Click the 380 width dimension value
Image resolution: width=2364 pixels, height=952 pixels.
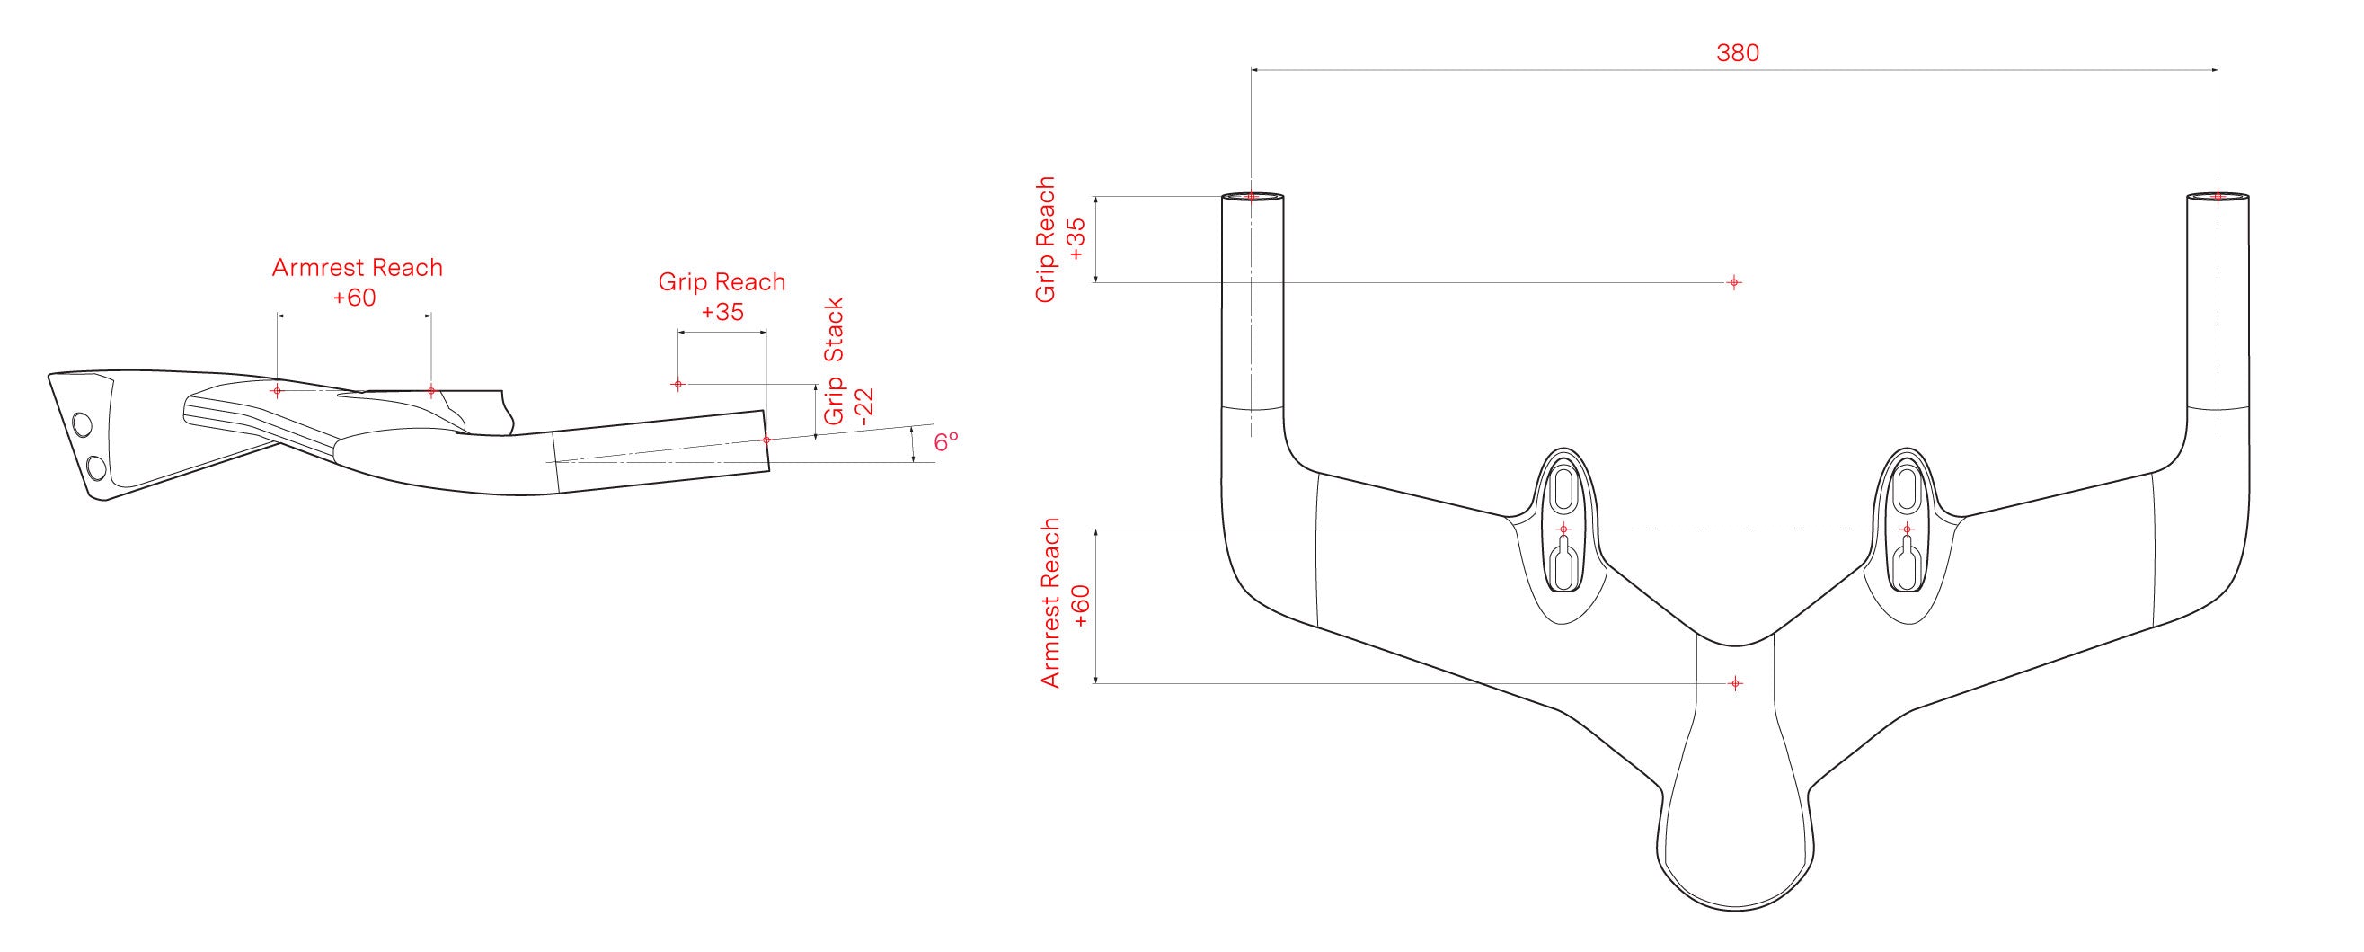pos(1738,53)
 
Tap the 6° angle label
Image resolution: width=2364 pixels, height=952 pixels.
pos(946,441)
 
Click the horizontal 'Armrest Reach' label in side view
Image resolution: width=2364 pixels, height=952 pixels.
pos(357,268)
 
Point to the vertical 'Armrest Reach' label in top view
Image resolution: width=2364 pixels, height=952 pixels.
pos(1050,602)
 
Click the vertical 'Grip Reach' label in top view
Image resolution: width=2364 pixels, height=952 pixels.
pos(1045,240)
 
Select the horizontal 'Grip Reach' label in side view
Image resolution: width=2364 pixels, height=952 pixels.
pos(722,282)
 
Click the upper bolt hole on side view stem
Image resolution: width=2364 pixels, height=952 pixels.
pos(82,425)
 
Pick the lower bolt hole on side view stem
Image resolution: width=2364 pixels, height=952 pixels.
pos(95,469)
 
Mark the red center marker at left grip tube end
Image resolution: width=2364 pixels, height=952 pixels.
pos(1252,197)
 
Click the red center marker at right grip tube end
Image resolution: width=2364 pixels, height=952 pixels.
pos(2218,197)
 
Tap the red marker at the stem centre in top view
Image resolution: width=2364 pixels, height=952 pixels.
pos(1734,683)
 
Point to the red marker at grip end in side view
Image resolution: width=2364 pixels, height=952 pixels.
pos(766,440)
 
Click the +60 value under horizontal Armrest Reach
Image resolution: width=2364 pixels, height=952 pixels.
pos(354,298)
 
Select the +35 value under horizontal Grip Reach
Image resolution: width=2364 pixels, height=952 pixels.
pos(722,312)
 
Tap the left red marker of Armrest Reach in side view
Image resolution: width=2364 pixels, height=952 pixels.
pos(277,390)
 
